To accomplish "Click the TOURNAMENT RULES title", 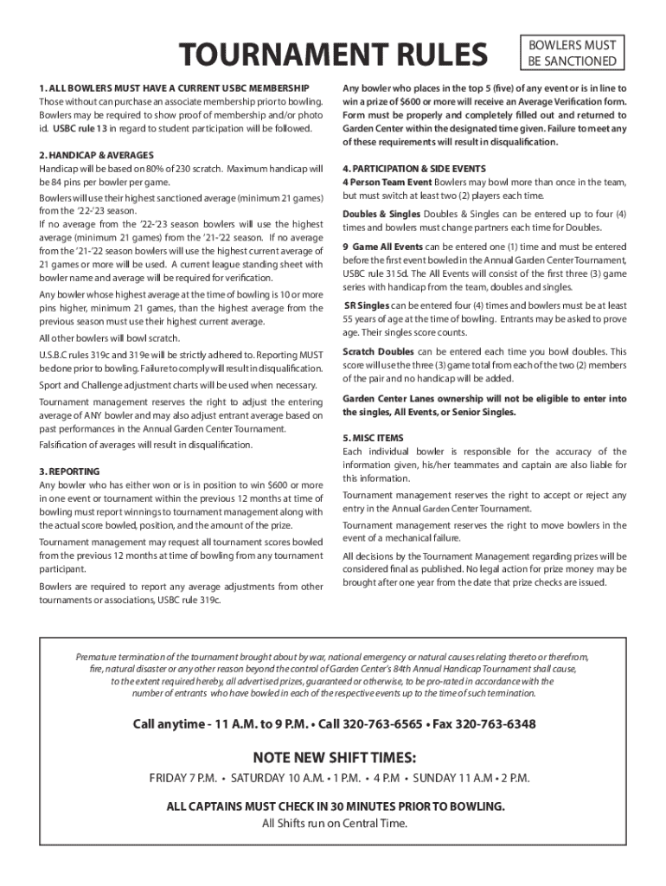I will coord(333,55).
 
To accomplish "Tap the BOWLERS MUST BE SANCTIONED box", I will coord(572,53).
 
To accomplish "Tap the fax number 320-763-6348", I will coord(495,723).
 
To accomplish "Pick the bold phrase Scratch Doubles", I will coord(379,351).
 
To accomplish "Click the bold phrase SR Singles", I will coord(367,305).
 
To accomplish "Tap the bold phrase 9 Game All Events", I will coord(381,247).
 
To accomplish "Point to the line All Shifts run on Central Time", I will coord(333,822).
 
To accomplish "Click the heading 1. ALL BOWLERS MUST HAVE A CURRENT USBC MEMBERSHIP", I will coord(173,88).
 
